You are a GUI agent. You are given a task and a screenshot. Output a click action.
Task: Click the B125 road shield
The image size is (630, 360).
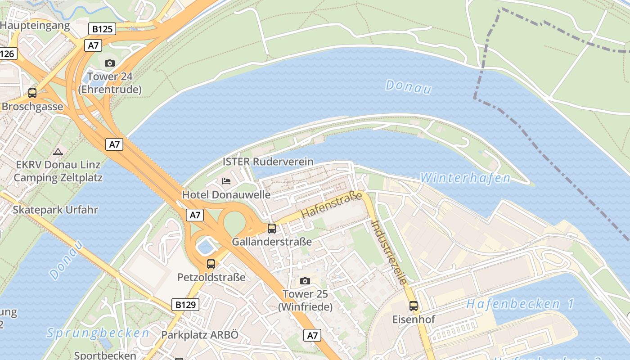103,29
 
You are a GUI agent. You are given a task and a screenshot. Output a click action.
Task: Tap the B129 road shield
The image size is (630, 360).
185,305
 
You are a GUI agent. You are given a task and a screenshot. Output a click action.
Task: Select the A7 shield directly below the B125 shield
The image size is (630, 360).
93,45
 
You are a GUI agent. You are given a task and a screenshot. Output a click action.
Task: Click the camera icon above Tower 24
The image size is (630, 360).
109,63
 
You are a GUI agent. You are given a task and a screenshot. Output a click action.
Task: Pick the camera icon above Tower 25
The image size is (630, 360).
305,281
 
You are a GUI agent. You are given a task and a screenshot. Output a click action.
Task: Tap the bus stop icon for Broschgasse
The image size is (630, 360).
32,93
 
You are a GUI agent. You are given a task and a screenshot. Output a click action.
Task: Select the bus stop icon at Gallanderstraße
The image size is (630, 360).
271,229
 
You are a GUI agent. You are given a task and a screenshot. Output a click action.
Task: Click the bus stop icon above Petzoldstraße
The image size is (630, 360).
211,264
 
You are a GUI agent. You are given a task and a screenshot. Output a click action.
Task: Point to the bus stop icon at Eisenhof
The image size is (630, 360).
413,306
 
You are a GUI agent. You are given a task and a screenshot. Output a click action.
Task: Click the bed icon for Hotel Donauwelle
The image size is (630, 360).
226,181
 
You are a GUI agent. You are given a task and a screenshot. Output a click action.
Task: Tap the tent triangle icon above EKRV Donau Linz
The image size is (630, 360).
58,152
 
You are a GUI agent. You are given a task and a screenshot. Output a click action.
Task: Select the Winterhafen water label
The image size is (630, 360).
465,178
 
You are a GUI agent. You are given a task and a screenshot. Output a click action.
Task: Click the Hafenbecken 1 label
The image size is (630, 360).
520,304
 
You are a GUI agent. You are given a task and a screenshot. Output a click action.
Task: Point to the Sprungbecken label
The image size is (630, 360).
98,333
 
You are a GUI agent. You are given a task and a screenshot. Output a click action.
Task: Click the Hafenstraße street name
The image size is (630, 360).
332,205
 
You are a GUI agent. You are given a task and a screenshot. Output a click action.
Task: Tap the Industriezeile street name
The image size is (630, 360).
390,252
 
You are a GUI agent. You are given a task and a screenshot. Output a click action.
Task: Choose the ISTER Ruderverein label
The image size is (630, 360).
268,162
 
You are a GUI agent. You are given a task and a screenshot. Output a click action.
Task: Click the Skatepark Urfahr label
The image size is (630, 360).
55,210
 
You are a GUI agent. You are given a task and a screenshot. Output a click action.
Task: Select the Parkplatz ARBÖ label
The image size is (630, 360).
199,335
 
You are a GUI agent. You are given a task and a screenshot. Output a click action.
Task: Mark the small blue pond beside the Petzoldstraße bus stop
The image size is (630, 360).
205,246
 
